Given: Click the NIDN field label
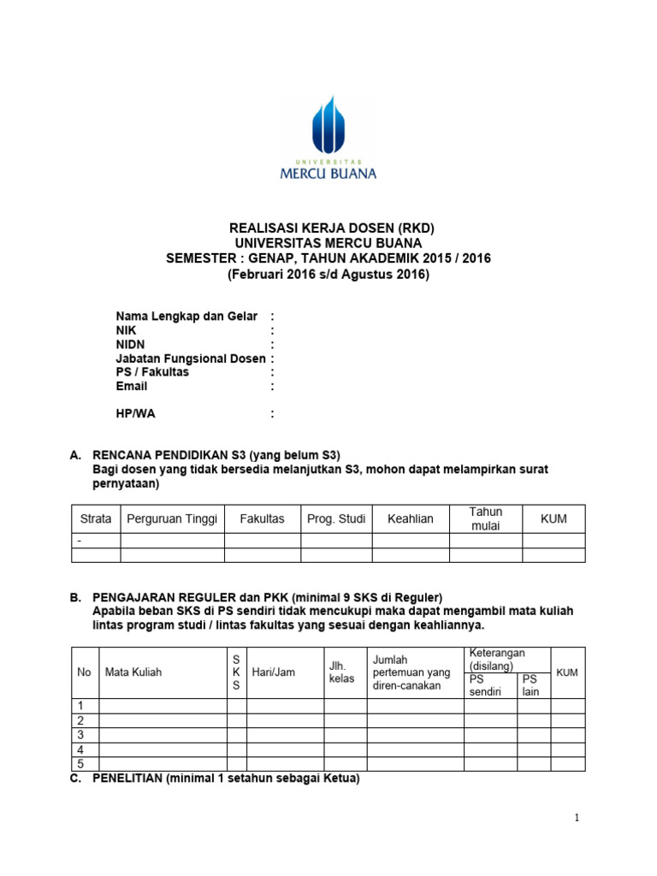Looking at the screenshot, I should (131, 344).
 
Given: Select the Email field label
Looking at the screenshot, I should (132, 386).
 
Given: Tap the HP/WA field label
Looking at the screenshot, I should (136, 414).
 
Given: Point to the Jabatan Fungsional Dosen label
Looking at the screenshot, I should (191, 358).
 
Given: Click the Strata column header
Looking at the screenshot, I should (96, 519).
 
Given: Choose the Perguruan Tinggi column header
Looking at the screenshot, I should (172, 519).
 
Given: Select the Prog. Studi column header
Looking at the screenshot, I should (336, 519).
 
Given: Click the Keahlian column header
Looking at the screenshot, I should (411, 519).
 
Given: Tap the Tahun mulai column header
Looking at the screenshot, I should (486, 518).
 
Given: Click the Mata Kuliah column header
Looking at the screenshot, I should (133, 672).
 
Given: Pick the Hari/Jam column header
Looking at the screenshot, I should (274, 672).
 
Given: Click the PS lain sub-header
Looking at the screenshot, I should (530, 685).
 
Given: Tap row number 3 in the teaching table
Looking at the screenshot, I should (80, 735).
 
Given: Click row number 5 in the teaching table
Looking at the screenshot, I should (80, 764).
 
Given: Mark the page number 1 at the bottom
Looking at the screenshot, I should (577, 819).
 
